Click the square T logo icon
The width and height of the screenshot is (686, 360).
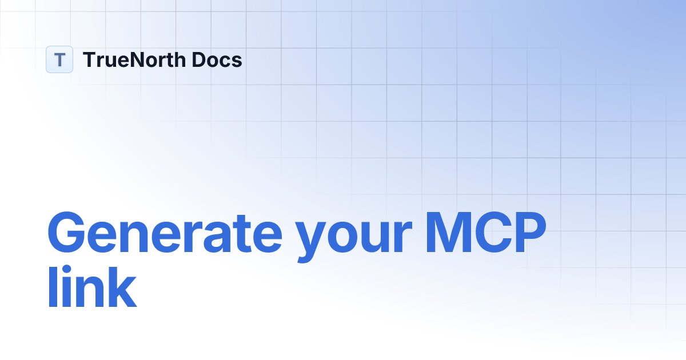(59, 59)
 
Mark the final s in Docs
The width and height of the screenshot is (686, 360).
(237, 61)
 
